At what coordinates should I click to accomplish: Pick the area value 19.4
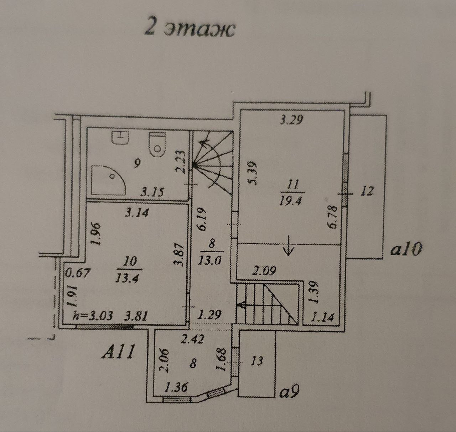coord(291,201)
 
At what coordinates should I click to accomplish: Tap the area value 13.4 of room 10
coord(127,278)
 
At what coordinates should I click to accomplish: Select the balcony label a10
coord(406,249)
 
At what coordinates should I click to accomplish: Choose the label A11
coord(118,352)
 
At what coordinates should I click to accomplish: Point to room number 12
coord(367,191)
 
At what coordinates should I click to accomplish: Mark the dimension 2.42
coord(192,339)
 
